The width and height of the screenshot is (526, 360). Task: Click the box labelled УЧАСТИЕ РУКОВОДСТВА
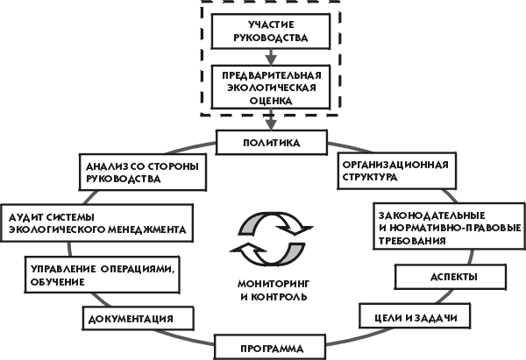[271, 30]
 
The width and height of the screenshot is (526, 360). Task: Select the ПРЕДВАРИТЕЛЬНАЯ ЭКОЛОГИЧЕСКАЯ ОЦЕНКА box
[271, 88]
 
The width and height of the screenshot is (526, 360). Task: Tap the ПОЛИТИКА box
[271, 141]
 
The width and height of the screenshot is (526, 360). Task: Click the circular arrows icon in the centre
[272, 237]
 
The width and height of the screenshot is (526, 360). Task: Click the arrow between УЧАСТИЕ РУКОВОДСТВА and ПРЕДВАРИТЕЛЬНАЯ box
[271, 58]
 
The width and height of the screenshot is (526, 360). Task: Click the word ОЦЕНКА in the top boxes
[271, 100]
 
